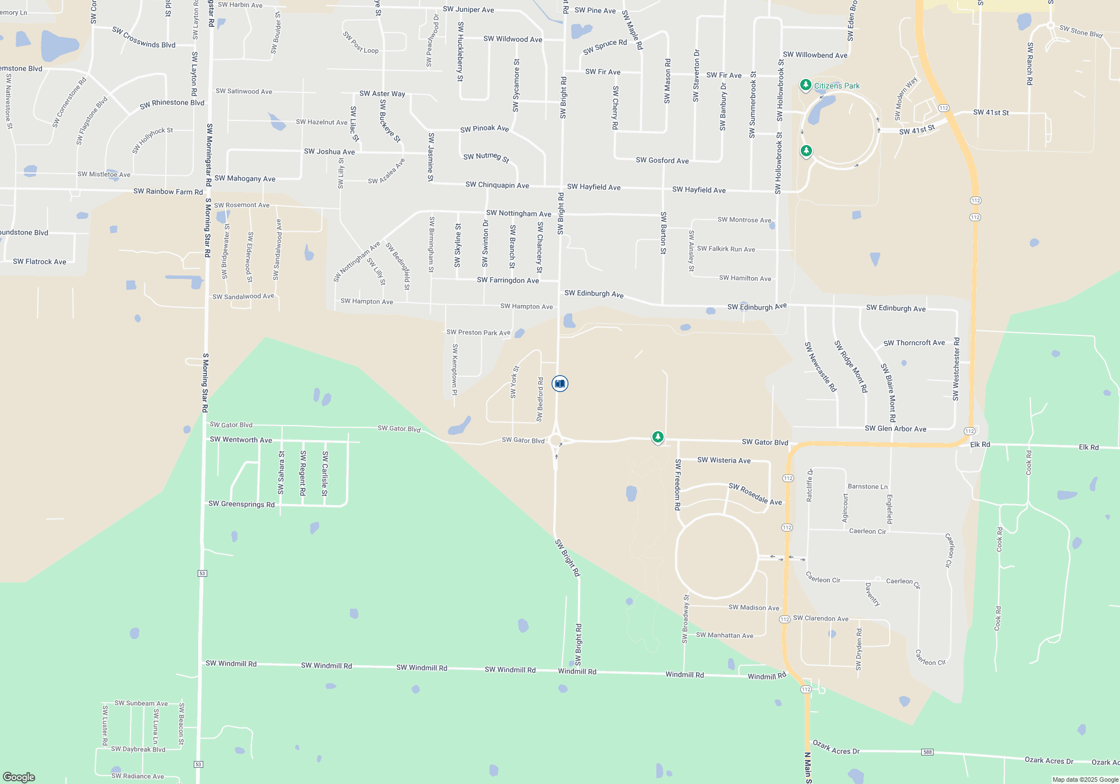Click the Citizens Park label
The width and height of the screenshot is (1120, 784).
click(x=837, y=86)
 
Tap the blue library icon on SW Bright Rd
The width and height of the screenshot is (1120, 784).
click(x=559, y=384)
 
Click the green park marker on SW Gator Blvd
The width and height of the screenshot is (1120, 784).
click(x=658, y=437)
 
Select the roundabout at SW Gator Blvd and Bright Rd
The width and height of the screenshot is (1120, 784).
click(x=556, y=441)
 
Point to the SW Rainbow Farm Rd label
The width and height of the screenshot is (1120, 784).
click(x=168, y=192)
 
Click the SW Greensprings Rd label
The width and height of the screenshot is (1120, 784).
click(x=241, y=504)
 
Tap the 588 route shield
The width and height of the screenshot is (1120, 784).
click(x=927, y=752)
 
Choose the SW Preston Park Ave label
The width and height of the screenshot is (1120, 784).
click(x=478, y=332)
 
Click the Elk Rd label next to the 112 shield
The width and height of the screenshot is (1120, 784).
click(x=980, y=444)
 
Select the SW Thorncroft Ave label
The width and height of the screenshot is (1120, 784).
click(x=914, y=343)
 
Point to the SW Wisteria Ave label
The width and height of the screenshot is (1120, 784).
click(x=724, y=460)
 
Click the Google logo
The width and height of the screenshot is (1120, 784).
click(x=19, y=777)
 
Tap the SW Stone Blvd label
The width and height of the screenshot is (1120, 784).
click(x=1081, y=31)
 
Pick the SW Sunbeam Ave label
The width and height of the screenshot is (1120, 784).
click(x=141, y=703)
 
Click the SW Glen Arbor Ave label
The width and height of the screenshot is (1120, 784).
click(x=895, y=429)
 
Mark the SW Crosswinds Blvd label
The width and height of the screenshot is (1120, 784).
click(x=144, y=38)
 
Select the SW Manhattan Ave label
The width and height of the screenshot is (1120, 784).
click(x=724, y=635)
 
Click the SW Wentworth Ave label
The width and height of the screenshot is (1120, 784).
click(x=241, y=440)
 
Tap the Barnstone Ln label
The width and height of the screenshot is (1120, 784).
click(x=867, y=487)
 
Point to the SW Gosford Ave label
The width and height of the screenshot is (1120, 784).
click(x=662, y=160)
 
